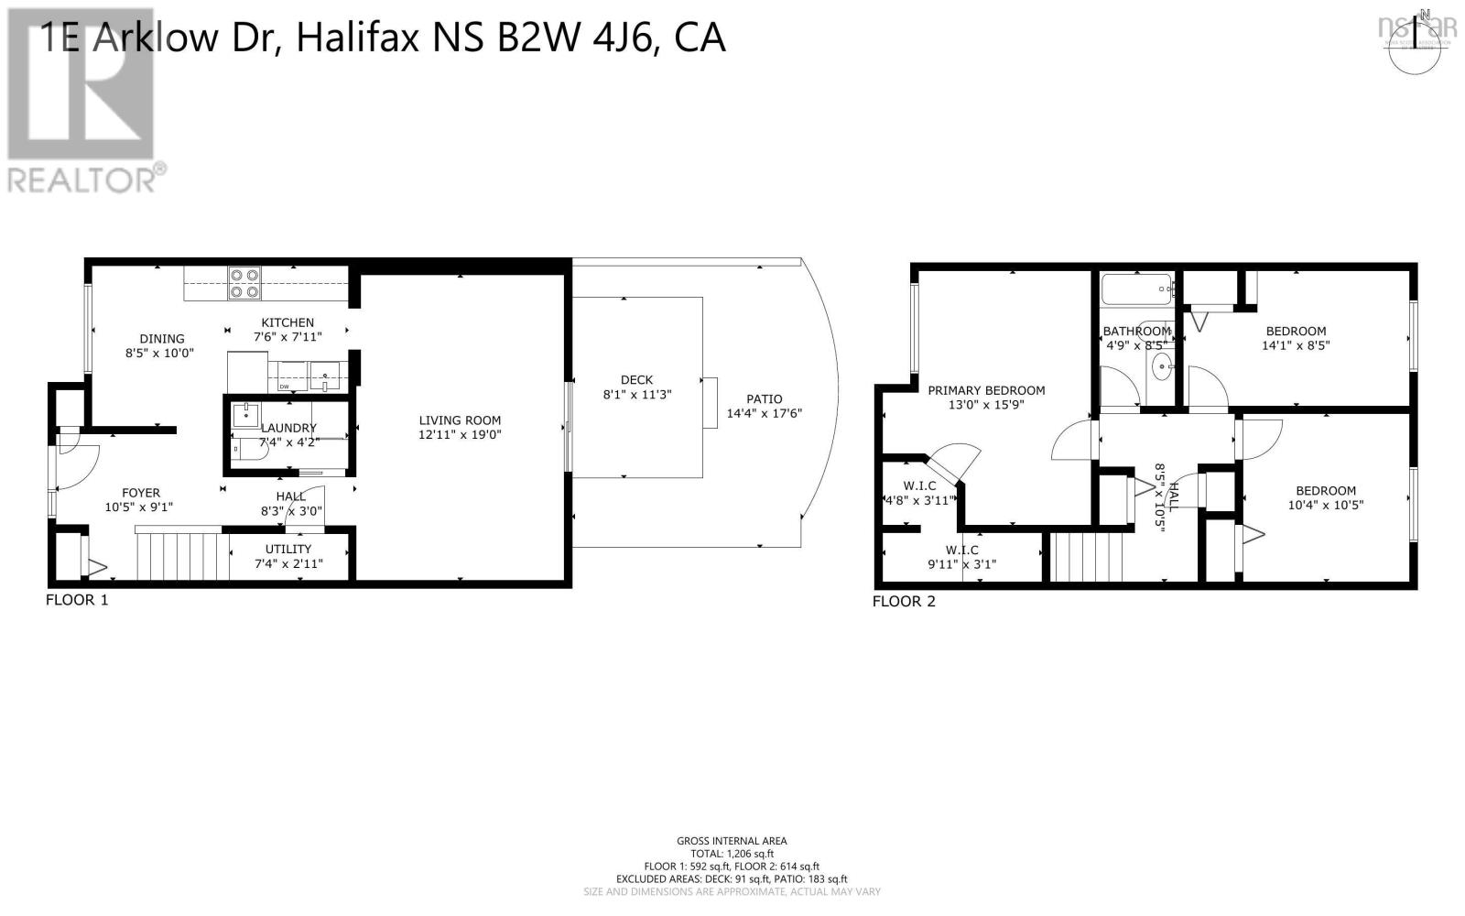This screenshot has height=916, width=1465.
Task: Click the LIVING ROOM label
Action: (459, 420)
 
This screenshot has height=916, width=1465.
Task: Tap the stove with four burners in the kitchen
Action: (244, 283)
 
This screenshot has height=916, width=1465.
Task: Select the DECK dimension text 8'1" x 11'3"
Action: (636, 395)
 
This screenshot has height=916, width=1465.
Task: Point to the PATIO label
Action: (764, 398)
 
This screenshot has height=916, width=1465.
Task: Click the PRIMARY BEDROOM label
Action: (986, 390)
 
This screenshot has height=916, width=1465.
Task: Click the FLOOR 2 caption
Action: (903, 602)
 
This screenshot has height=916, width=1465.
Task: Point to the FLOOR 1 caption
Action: (77, 600)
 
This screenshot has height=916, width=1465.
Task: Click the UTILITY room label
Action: (288, 549)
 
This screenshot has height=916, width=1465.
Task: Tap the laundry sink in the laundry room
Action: (246, 416)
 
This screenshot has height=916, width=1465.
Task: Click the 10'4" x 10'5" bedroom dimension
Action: (1325, 505)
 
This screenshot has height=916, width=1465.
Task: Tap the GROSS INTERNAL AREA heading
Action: (732, 841)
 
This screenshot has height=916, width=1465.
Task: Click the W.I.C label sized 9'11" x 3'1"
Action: (961, 550)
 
